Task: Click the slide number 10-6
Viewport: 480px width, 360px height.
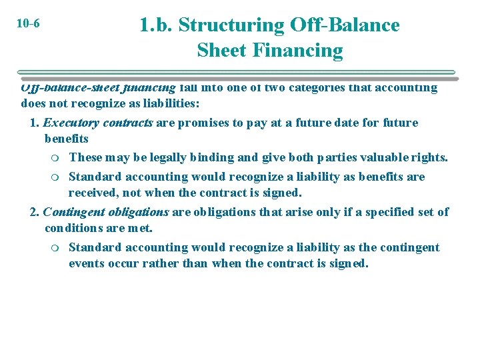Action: click(27, 24)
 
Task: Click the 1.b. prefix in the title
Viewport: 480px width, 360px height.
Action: click(155, 25)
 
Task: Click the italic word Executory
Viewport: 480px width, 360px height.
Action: click(71, 123)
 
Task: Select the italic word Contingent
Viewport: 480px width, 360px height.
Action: click(73, 212)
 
